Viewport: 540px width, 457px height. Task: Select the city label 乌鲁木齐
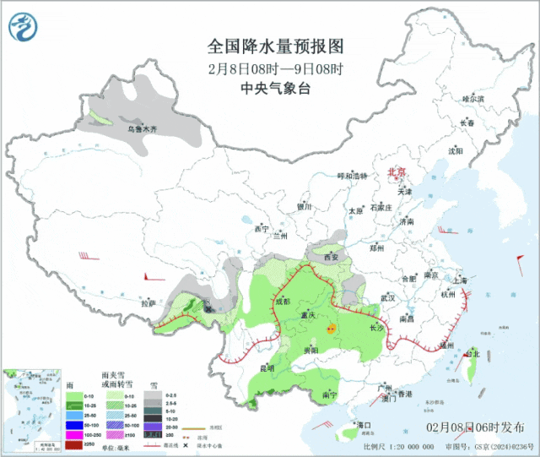coord(142,129)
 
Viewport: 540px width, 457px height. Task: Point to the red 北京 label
coord(397,172)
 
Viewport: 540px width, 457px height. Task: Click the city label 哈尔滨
coord(473,99)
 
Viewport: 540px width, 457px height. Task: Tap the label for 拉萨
coord(148,302)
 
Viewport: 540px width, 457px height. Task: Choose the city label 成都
coord(281,301)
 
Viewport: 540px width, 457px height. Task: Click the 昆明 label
coord(267,368)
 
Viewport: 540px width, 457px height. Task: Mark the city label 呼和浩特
coord(354,176)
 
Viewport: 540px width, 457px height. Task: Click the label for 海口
coord(364,424)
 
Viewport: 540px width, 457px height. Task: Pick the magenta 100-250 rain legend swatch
coord(74,433)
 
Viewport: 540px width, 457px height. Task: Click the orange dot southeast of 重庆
coord(332,324)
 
